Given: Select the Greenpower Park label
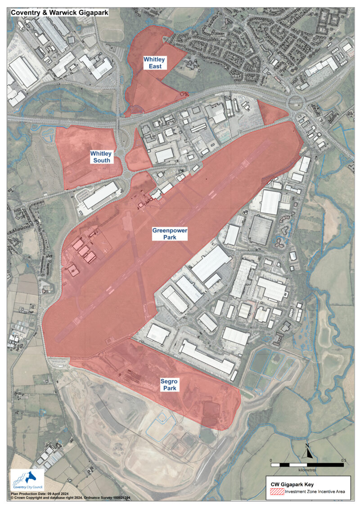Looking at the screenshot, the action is [x=169, y=234].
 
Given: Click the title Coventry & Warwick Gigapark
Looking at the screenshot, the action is [x=59, y=13].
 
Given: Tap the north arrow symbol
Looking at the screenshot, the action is [x=307, y=451].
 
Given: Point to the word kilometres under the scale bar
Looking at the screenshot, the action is [x=307, y=469].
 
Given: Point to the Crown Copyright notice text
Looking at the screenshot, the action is [x=70, y=498].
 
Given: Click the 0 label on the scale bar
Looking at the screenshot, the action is [x=271, y=461].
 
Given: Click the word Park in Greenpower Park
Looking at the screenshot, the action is [x=169, y=237].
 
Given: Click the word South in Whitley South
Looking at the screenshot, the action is [x=102, y=160].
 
